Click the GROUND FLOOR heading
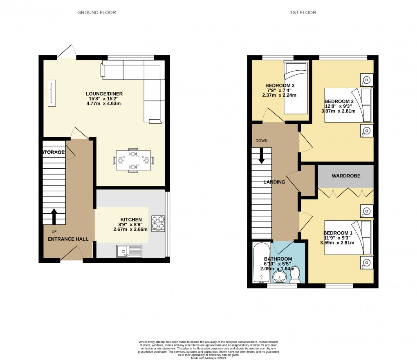click(x=96, y=13)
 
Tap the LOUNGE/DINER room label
click(x=104, y=94)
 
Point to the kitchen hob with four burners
click(x=158, y=223)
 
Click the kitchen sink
click(x=129, y=250)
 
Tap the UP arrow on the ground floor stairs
click(x=54, y=216)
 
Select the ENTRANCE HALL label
click(x=68, y=239)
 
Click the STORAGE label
click(x=53, y=152)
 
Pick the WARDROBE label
click(x=346, y=176)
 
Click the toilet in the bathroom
click(x=295, y=276)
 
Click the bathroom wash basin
click(x=279, y=278)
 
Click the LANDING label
click(x=274, y=182)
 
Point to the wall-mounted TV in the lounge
click(x=52, y=93)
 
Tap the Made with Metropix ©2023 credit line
click(x=208, y=358)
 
